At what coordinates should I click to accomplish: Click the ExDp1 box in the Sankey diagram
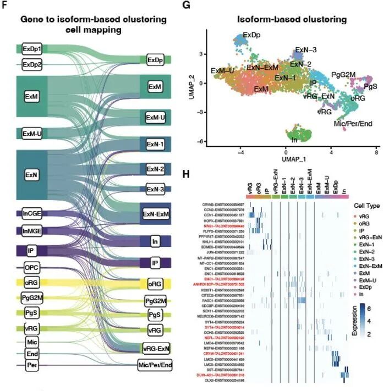tap(32, 49)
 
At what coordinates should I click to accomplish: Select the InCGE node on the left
tap(31, 212)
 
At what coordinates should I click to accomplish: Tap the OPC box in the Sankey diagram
tap(31, 268)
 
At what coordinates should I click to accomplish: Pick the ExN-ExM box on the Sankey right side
tap(156, 213)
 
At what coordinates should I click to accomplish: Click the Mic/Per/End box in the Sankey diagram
tap(155, 365)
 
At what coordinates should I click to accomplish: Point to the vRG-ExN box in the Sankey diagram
tap(156, 348)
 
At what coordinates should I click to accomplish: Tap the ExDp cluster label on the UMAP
tap(251, 35)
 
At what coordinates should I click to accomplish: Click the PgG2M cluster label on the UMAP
tap(344, 74)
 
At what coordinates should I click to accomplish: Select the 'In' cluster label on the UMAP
tap(295, 141)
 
